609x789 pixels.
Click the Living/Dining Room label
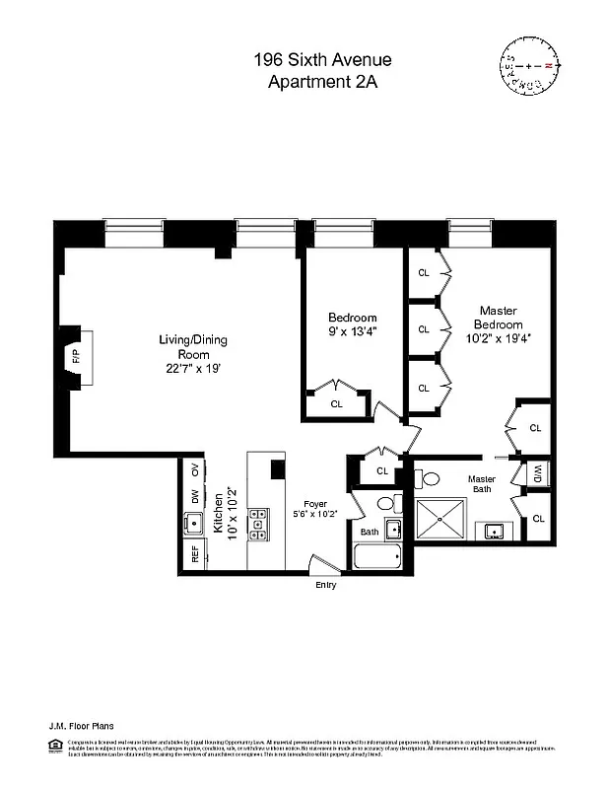(x=193, y=347)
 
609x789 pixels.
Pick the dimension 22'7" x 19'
(x=193, y=369)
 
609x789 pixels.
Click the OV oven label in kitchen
(x=194, y=469)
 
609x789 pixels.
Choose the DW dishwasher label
(x=194, y=495)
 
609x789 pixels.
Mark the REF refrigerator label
(x=193, y=552)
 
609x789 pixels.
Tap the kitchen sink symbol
(x=193, y=523)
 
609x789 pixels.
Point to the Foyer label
(x=315, y=503)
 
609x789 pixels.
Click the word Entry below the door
(x=325, y=585)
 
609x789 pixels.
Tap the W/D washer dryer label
(x=539, y=474)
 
